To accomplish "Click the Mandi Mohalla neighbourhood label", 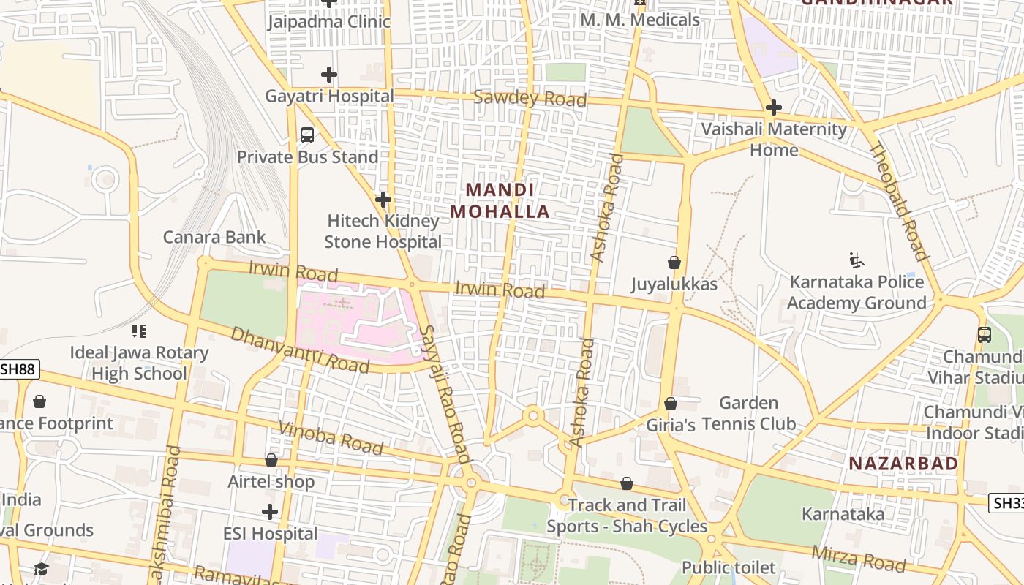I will pyautogui.click(x=500, y=201).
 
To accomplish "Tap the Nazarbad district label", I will pyautogui.click(x=903, y=463).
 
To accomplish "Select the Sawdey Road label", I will pyautogui.click(x=530, y=98).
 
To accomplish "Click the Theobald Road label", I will pyautogui.click(x=899, y=202).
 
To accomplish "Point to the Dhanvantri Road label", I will pyautogui.click(x=300, y=350).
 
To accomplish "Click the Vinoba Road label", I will pyautogui.click(x=331, y=438).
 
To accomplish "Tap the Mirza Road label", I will pyautogui.click(x=859, y=559).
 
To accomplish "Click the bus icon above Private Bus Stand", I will pyautogui.click(x=307, y=135).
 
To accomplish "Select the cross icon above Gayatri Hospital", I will pyautogui.click(x=329, y=75).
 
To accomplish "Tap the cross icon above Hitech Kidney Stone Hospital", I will pyautogui.click(x=383, y=199).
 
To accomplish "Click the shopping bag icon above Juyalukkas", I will pyautogui.click(x=674, y=263).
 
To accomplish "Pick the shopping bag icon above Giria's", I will pyautogui.click(x=670, y=404).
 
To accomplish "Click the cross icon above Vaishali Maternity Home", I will pyautogui.click(x=773, y=108).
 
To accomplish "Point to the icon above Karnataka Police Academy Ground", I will pyautogui.click(x=857, y=260).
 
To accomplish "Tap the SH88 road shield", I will pyautogui.click(x=18, y=369).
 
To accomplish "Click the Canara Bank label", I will pyautogui.click(x=214, y=237).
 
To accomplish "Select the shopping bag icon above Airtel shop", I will pyautogui.click(x=271, y=460).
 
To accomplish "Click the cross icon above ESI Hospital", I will pyautogui.click(x=270, y=512).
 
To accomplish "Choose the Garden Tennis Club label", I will pyautogui.click(x=748, y=413).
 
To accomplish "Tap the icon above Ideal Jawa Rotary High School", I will pyautogui.click(x=139, y=331).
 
